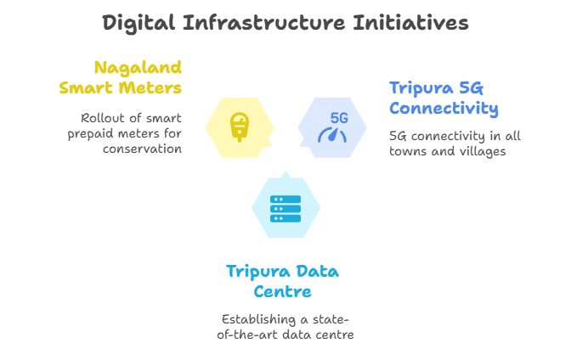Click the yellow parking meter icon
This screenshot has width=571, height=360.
pos(239,127)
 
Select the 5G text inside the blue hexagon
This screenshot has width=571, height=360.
pos(339,118)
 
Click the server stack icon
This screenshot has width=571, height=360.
pos(285,208)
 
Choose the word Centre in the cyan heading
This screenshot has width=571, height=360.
pos(283,291)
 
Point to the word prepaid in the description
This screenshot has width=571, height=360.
pos(111,133)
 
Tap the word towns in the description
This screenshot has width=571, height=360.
pos(408,151)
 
